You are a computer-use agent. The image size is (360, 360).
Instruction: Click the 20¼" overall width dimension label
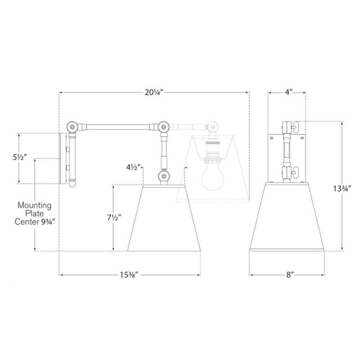(x=154, y=92)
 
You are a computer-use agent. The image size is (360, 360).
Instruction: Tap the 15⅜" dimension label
(x=129, y=274)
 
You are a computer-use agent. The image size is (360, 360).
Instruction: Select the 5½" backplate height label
(x=20, y=157)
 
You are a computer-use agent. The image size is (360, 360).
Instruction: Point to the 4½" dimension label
(x=133, y=168)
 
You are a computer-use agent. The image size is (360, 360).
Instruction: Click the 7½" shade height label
(x=114, y=217)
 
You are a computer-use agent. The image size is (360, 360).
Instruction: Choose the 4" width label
(x=289, y=92)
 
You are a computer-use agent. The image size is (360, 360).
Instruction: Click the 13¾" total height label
(x=342, y=189)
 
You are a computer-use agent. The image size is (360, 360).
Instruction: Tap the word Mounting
(x=34, y=205)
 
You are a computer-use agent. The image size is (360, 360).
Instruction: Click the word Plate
(x=34, y=214)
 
